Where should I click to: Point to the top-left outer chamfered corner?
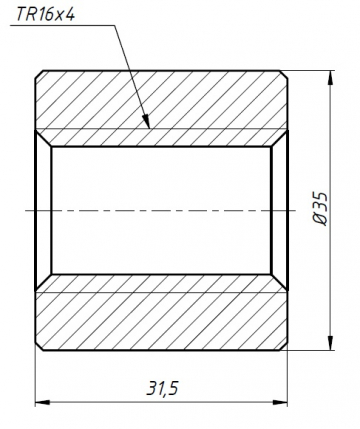[x=39, y=74]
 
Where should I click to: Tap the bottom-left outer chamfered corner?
[x=39, y=348]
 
